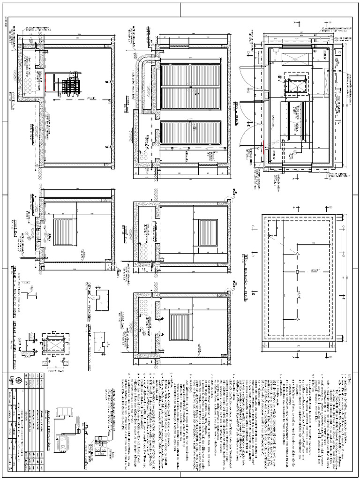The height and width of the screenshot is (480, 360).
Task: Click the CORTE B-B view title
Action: (14, 141)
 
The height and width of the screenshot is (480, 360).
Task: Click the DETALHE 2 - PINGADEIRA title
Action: (89, 300)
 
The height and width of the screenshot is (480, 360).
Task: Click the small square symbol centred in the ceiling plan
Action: (297, 271)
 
